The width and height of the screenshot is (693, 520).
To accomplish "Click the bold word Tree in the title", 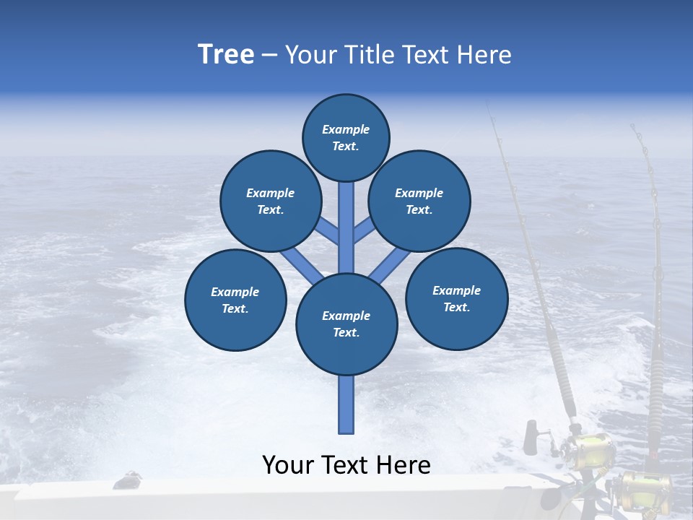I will point(226,54).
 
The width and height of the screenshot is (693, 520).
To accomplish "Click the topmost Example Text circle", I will point(346,137).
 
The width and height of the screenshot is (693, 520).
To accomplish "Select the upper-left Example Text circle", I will point(271,201).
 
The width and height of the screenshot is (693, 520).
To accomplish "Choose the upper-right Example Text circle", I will point(419,201).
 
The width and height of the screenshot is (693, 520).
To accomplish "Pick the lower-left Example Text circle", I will point(235,300).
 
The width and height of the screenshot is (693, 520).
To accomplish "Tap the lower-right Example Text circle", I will point(457,298).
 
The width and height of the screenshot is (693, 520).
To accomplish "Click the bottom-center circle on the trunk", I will point(346,324).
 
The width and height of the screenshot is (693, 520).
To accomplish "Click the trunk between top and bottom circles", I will point(346,231).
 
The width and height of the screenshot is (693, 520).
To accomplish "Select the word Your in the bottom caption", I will point(288,465).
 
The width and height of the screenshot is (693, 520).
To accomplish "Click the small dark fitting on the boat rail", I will point(129,477).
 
